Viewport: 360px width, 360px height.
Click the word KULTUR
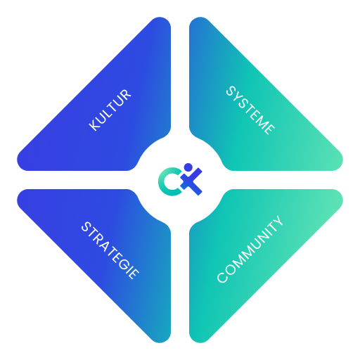(x=110, y=110)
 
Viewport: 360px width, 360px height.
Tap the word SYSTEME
(x=250, y=110)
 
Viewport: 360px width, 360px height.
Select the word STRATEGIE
(x=110, y=250)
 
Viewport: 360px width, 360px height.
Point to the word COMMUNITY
(x=250, y=249)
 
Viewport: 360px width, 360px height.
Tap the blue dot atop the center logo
(x=188, y=167)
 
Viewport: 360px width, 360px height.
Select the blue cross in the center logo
(x=191, y=181)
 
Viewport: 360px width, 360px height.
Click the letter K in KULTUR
(x=94, y=125)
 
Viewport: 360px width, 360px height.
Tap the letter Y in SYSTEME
(x=238, y=98)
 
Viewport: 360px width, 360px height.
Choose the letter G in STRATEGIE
(x=124, y=264)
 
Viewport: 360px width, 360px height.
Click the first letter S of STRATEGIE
(x=86, y=226)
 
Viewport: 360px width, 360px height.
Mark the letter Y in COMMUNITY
(x=278, y=221)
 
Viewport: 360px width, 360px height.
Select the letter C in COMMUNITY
(x=222, y=278)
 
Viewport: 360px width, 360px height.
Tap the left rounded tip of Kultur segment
(x=20, y=160)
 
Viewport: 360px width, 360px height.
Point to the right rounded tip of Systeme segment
(x=340, y=160)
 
